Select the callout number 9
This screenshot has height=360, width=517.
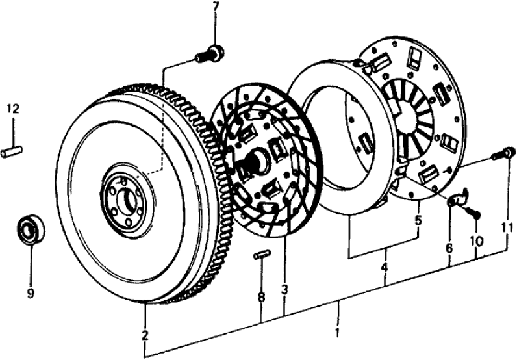(x=30, y=293)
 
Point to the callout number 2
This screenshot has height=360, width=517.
(x=145, y=335)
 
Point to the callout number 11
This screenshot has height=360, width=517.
(x=507, y=228)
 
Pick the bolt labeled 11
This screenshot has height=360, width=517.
(x=500, y=155)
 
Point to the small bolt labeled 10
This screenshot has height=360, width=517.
(x=475, y=213)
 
